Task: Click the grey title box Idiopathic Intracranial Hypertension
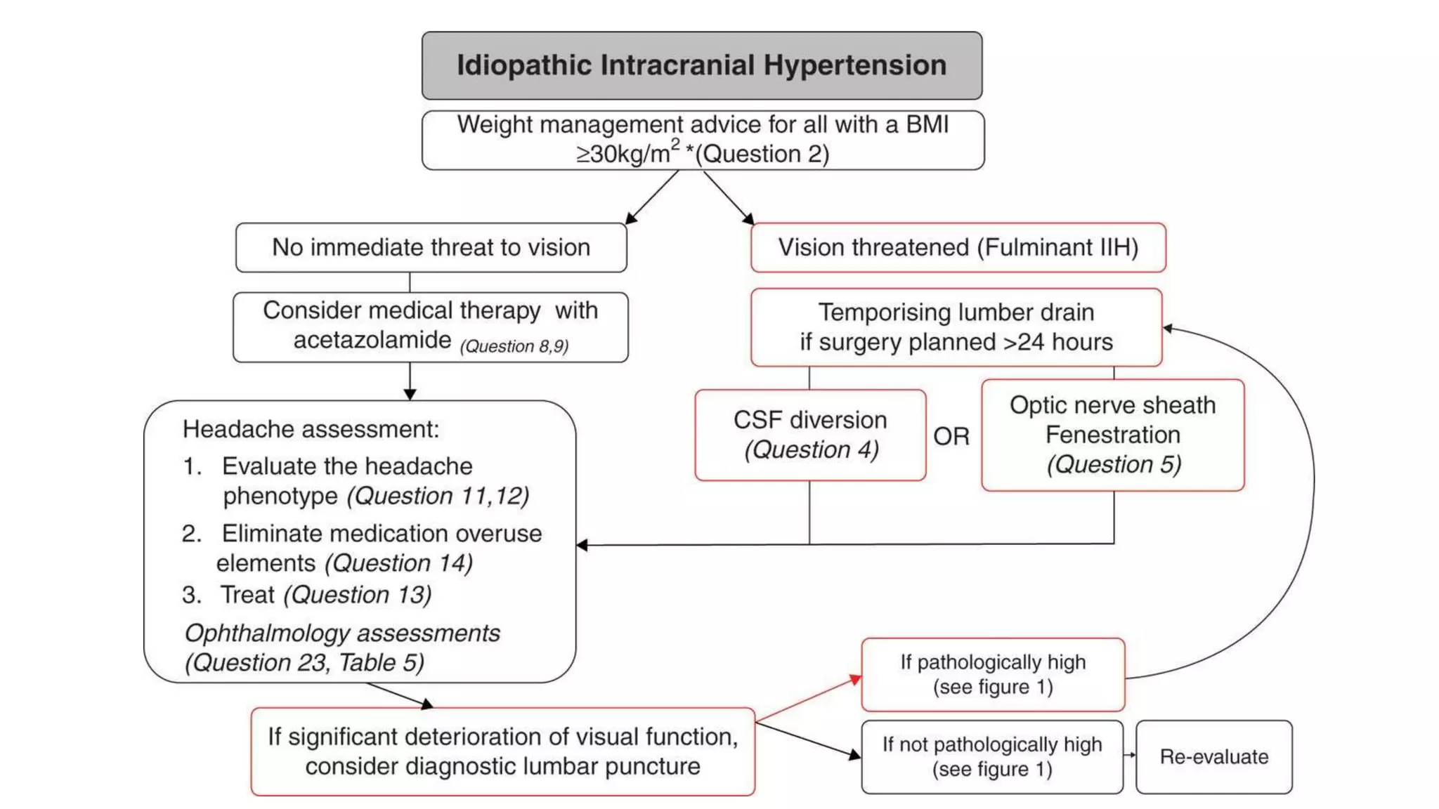701,65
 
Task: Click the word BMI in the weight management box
927,124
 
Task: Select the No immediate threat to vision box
431,247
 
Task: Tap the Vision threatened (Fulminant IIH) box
958,247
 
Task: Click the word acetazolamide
372,341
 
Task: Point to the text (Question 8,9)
514,346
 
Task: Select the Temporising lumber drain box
956,327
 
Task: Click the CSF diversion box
810,435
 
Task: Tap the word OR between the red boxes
951,437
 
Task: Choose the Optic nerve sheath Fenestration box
1112,435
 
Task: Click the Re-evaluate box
1213,756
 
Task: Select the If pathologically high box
992,674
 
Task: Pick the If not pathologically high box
991,756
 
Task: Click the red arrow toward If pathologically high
808,699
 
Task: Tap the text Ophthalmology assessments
341,633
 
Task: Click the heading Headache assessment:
311,429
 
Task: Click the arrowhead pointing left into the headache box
582,545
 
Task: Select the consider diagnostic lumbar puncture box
502,751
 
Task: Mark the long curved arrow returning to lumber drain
1313,485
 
